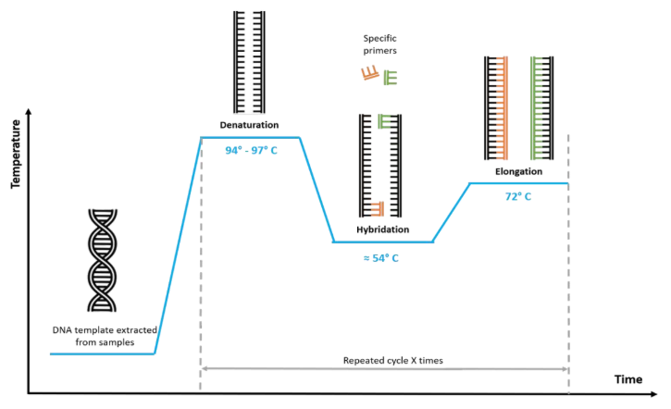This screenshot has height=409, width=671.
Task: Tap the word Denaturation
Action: (x=249, y=124)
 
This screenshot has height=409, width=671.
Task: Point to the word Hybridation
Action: (x=382, y=229)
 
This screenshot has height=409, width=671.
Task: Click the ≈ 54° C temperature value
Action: (x=380, y=257)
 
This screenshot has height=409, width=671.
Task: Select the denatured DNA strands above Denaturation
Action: (x=249, y=60)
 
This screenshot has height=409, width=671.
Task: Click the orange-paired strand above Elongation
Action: (x=497, y=106)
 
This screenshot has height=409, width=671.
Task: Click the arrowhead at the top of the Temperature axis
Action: (x=31, y=112)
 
